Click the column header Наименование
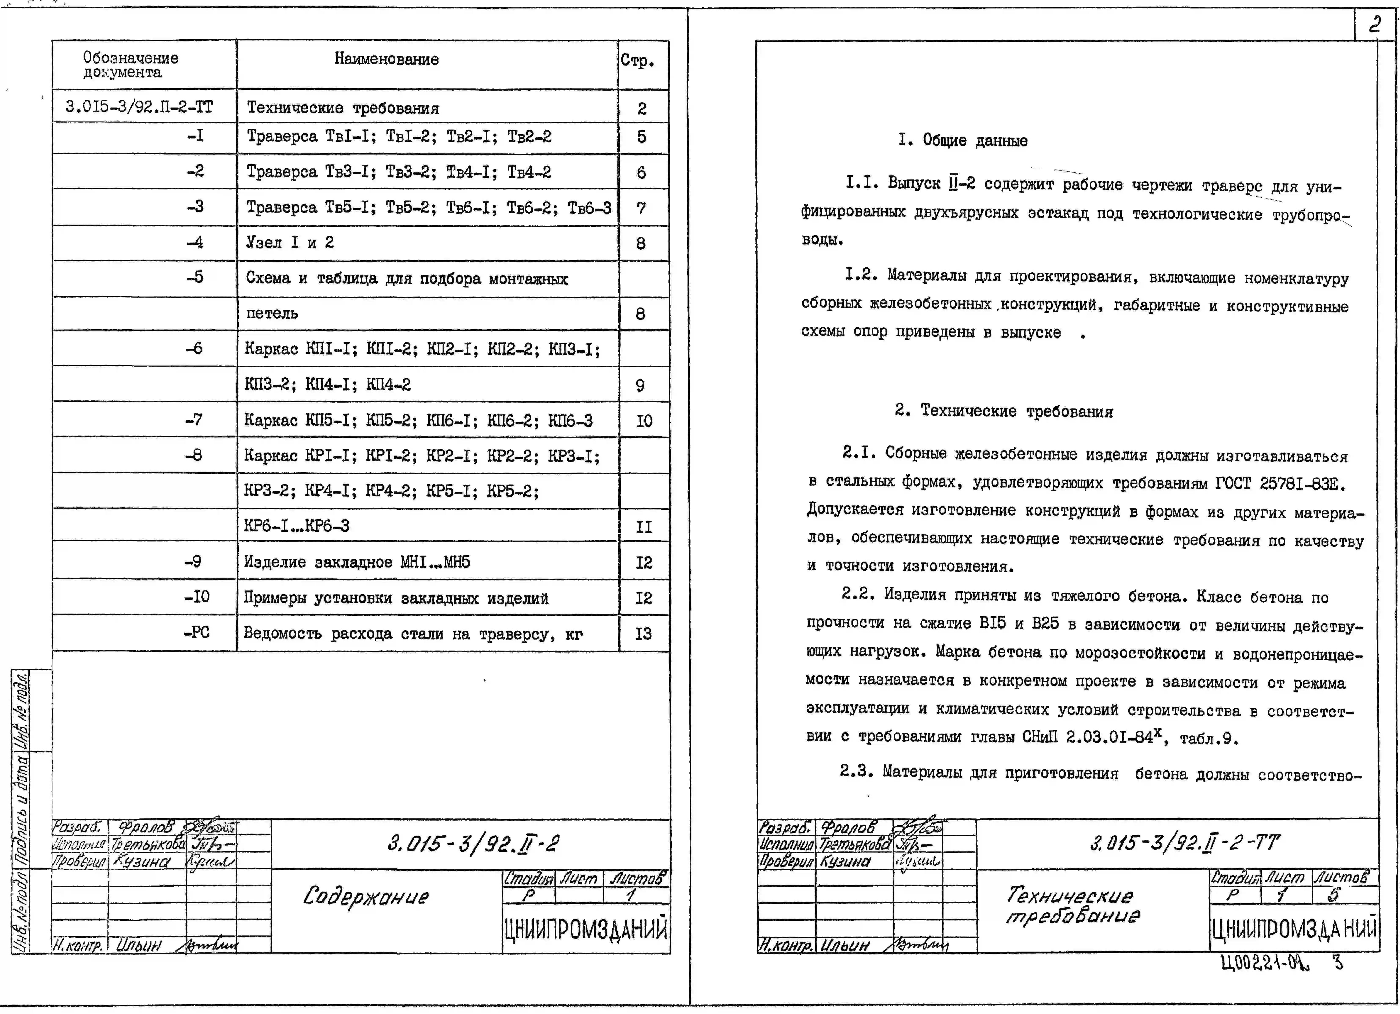386,59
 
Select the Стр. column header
637,61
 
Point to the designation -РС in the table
196,632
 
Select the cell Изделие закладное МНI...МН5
357,562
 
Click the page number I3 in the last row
643,634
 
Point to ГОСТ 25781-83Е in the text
1280,484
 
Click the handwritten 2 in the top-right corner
1374,25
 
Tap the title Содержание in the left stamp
365,897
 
